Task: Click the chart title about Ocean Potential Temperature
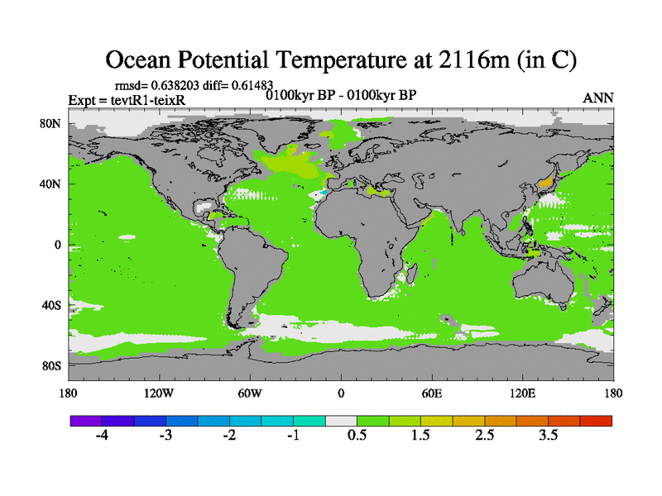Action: pos(340,60)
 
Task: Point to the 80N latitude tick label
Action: pos(52,124)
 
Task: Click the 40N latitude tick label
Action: pos(52,184)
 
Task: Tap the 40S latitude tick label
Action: pos(52,305)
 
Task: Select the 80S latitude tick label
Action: pos(52,365)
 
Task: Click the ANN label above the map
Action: pos(598,98)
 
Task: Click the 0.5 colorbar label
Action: pos(357,436)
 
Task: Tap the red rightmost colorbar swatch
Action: pos(596,421)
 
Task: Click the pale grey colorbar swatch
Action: pos(341,421)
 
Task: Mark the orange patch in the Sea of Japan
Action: pos(544,182)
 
